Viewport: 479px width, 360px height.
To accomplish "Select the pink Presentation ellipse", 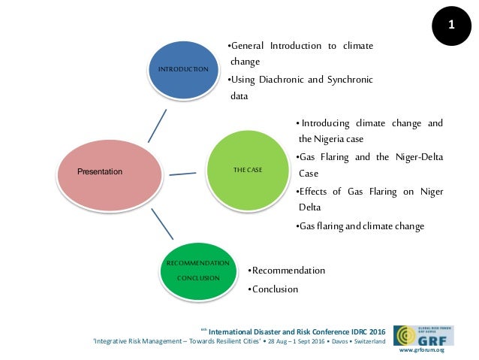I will click(110, 172).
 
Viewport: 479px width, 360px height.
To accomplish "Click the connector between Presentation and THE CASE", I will click(183, 175).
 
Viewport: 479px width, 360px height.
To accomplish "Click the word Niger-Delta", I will click(417, 157).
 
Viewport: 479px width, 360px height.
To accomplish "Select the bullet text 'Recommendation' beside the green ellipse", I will click(288, 271).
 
